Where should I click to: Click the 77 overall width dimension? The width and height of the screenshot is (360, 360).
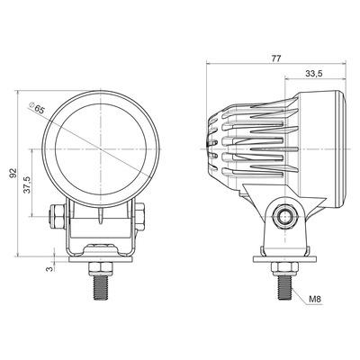(276, 58)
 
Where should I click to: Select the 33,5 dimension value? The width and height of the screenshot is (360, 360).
(314, 74)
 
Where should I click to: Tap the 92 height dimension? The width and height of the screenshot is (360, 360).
(13, 173)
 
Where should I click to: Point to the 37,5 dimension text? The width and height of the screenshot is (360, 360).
(27, 185)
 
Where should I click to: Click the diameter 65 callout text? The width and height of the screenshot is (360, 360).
(36, 108)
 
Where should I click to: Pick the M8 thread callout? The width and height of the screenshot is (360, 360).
(315, 299)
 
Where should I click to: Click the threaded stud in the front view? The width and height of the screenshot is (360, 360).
(101, 288)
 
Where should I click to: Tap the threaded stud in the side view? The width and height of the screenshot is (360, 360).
(285, 288)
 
